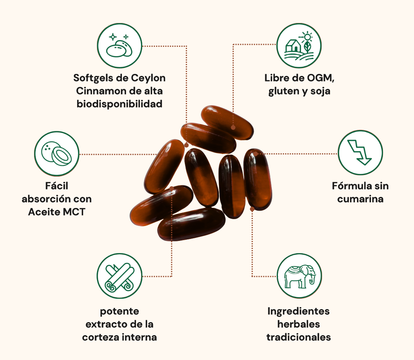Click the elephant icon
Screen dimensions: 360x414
click(299, 276)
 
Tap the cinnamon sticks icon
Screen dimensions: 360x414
click(119, 276)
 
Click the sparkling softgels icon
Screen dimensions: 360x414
click(119, 45)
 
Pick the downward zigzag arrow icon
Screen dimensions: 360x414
click(360, 152)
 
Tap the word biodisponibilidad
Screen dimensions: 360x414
click(119, 104)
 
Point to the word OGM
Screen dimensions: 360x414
click(320, 78)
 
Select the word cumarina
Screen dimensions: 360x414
click(360, 199)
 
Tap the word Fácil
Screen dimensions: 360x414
click(56, 186)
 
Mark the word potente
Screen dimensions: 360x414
click(119, 311)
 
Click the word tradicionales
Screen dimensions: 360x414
click(299, 337)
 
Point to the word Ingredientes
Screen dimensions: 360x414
click(299, 311)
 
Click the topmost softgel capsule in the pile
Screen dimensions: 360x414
click(227, 122)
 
